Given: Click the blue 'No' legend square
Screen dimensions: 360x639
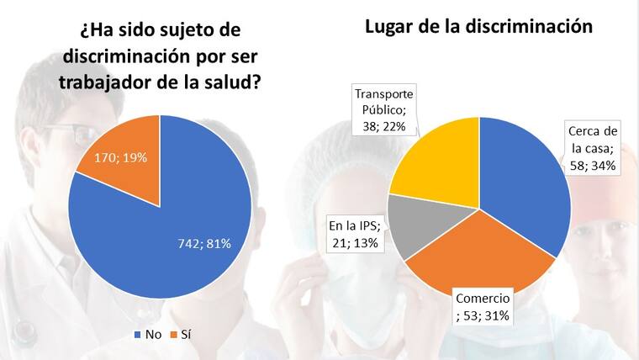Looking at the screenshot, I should pyautogui.click(x=137, y=335).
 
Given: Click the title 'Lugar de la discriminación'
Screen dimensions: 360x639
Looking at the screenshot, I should pyautogui.click(x=478, y=26).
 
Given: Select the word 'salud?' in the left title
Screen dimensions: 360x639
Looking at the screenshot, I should pyautogui.click(x=230, y=84).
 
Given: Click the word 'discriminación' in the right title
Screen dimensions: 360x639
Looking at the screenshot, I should pyautogui.click(x=522, y=26).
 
